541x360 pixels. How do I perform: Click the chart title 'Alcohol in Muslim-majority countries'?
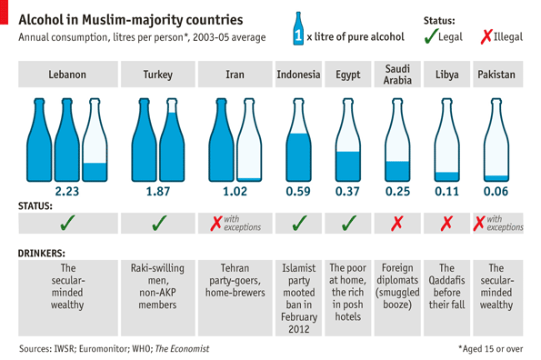pos(131,18)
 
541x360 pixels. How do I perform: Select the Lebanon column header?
pos(67,75)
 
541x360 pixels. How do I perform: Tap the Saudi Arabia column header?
pos(396,75)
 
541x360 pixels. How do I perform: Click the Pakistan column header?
pos(496,75)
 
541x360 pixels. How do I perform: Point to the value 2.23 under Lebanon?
pos(67,192)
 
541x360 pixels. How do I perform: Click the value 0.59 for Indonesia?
pos(298,192)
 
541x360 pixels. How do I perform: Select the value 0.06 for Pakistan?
pos(496,192)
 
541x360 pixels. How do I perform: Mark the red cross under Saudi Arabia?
pos(396,224)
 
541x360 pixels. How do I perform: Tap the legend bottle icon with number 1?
pos(298,28)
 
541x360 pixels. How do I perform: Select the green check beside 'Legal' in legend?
pos(429,35)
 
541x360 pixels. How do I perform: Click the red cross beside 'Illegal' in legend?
pos(486,35)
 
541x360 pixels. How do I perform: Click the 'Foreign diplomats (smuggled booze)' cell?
pos(396,286)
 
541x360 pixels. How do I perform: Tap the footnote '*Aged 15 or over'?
pos(489,348)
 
